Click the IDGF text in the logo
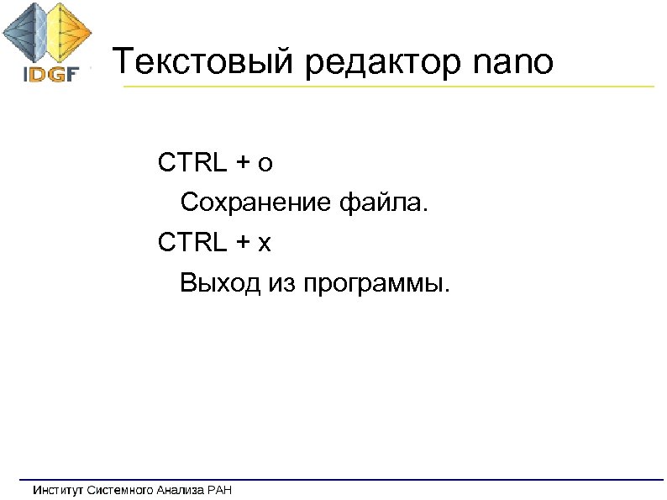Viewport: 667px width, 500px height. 50,74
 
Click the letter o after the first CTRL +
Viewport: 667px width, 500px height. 265,164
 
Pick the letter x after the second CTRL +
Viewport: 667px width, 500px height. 265,244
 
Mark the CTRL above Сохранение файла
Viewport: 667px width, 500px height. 191,163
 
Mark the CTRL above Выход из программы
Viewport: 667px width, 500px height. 191,243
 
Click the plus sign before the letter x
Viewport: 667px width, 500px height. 243,244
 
